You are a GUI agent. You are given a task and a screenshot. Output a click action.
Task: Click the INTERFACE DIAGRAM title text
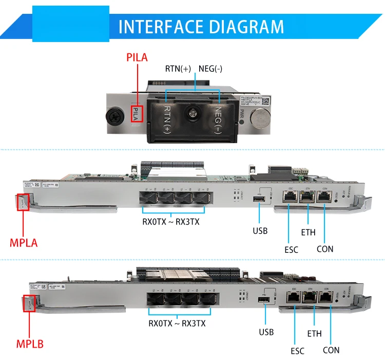coord(201,26)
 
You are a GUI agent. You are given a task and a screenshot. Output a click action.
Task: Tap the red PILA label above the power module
coord(137,57)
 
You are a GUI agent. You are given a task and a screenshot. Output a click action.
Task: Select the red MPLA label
coord(24,242)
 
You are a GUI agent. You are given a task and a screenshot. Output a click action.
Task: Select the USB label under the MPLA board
coord(260,231)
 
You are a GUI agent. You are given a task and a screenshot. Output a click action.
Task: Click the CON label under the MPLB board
coord(332,350)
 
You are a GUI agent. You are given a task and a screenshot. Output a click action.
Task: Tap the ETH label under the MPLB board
coord(314,333)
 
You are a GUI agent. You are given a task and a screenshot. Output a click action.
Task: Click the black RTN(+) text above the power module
coord(179,68)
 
